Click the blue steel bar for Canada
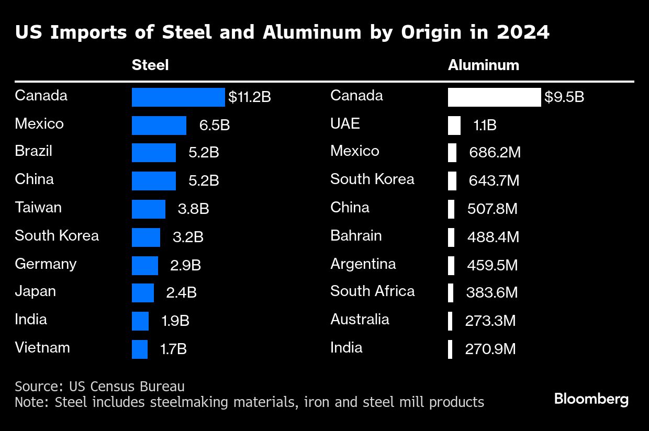pyautogui.click(x=178, y=97)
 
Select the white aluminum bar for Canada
pyautogui.click(x=494, y=97)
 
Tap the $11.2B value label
pyautogui.click(x=250, y=97)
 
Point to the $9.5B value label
pyautogui.click(x=564, y=97)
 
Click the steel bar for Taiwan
pyautogui.click(x=148, y=209)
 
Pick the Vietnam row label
pyautogui.click(x=42, y=348)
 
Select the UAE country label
pyautogui.click(x=345, y=123)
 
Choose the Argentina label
pyautogui.click(x=363, y=264)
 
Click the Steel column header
pyautogui.click(x=150, y=65)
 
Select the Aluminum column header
pyautogui.click(x=483, y=65)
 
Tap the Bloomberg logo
pyautogui.click(x=591, y=400)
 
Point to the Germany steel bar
pyautogui.click(x=144, y=265)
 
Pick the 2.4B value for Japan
pyautogui.click(x=181, y=293)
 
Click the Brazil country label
pyautogui.click(x=33, y=152)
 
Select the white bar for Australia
pyautogui.click(x=450, y=321)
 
